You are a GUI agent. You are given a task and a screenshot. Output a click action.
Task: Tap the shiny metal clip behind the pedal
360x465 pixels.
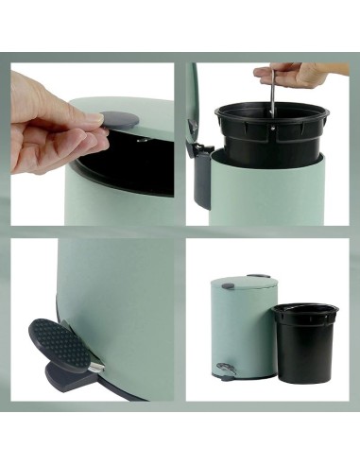tap(96, 365)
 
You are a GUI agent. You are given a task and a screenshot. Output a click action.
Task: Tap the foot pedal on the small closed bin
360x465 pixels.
tap(224, 369)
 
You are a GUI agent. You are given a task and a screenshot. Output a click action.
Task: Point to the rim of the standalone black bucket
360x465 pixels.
tap(305, 309)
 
